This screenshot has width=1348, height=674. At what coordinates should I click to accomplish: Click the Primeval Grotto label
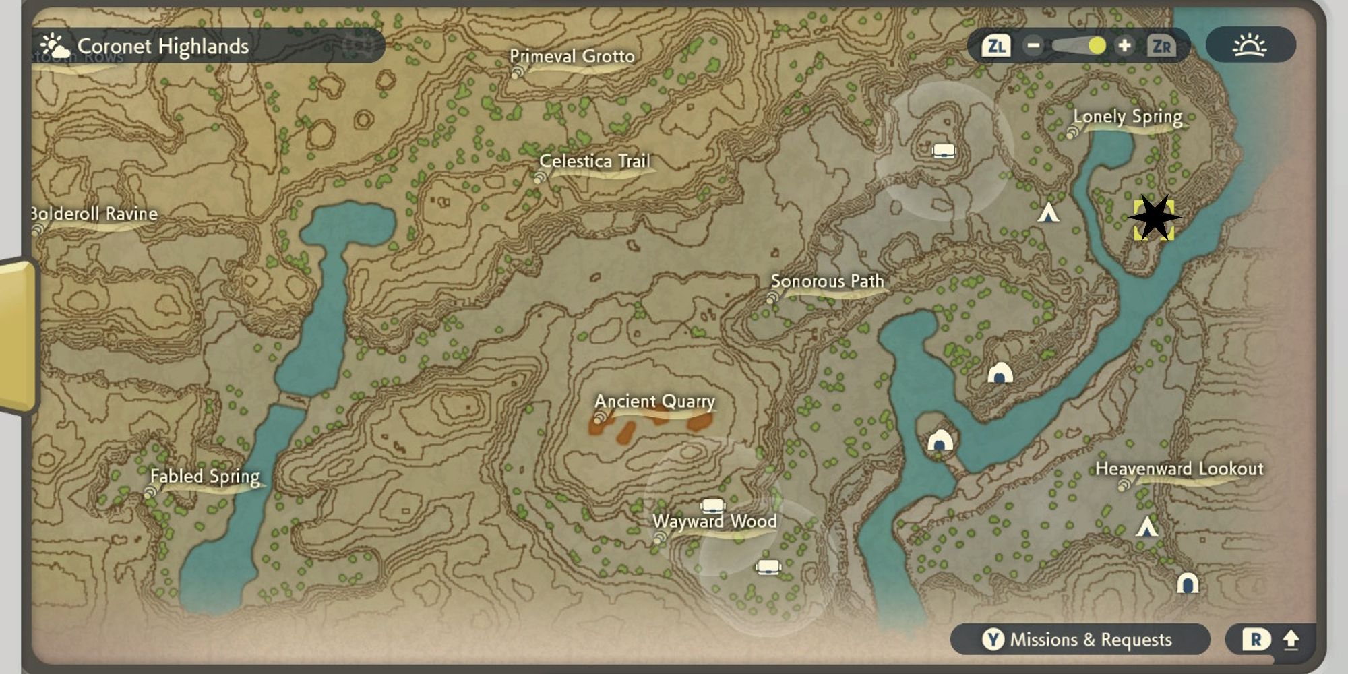(572, 57)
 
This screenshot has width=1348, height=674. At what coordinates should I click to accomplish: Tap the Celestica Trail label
(594, 162)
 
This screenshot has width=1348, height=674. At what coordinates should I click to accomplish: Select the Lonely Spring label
(1128, 117)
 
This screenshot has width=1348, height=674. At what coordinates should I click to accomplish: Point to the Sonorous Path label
(827, 281)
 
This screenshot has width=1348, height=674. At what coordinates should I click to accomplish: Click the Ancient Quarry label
(654, 402)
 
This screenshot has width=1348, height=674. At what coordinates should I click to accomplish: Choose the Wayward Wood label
(714, 522)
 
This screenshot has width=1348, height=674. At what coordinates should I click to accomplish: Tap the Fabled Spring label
(205, 477)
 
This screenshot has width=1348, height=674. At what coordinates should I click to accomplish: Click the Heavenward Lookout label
(1179, 469)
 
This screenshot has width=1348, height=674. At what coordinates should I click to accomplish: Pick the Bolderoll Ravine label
(94, 214)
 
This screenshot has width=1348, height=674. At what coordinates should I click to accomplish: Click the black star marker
(1154, 218)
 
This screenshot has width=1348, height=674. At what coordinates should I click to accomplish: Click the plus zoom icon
(1124, 46)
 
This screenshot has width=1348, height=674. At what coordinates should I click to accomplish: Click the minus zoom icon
(1033, 46)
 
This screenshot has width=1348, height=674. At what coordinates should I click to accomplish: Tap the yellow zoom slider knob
(1097, 46)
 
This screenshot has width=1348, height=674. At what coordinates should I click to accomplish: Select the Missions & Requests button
(1079, 639)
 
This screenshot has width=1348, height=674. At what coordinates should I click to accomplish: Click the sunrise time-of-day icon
(1250, 45)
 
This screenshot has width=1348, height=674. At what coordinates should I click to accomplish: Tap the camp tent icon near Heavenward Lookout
(1146, 526)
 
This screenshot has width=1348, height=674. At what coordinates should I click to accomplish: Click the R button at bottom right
(1256, 639)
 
